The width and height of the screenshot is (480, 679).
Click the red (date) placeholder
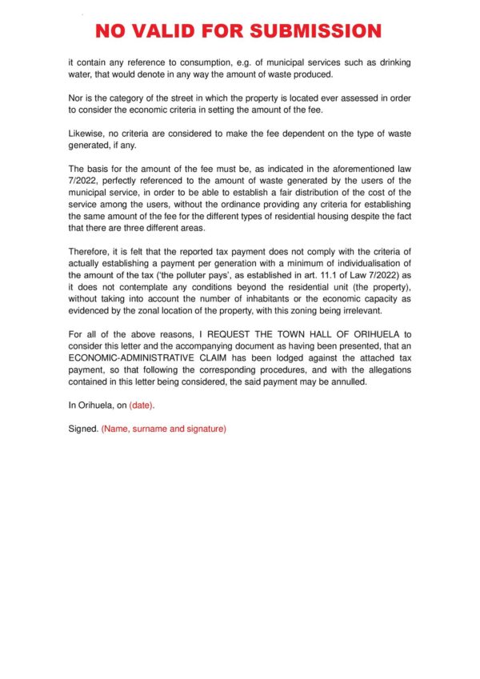(142, 405)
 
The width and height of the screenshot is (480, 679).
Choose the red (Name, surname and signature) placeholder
(164, 429)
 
